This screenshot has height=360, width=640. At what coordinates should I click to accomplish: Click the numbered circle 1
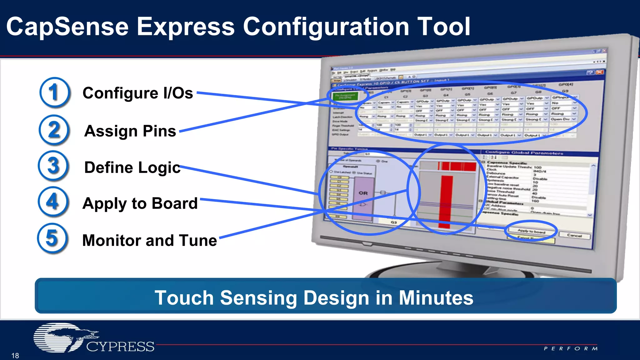[x=55, y=92]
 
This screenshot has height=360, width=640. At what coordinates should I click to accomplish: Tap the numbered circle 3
[x=53, y=166]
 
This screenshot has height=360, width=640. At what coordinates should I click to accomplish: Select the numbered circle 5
[x=52, y=238]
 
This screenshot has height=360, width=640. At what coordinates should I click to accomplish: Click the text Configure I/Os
[x=137, y=93]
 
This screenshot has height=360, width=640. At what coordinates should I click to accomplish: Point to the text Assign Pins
[x=130, y=131]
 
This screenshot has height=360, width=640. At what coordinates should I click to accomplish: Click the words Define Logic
[x=132, y=167]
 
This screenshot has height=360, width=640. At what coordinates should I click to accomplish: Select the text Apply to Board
[x=140, y=203]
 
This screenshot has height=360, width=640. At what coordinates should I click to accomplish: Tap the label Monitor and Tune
[x=149, y=240]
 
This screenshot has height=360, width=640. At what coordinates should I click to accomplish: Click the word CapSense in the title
[x=67, y=27]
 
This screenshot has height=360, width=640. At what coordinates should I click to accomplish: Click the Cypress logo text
[x=120, y=347]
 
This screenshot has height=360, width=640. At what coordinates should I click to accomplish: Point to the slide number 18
[x=15, y=356]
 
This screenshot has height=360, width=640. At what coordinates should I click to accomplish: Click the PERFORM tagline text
[x=571, y=348]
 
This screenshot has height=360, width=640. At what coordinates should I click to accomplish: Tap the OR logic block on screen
[x=363, y=193]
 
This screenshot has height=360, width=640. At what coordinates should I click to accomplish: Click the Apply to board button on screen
[x=531, y=231]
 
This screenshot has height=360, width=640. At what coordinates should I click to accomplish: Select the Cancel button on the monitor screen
[x=574, y=236]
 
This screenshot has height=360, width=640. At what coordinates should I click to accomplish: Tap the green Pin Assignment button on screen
[x=345, y=96]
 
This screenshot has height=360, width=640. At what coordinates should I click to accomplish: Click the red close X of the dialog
[x=599, y=72]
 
